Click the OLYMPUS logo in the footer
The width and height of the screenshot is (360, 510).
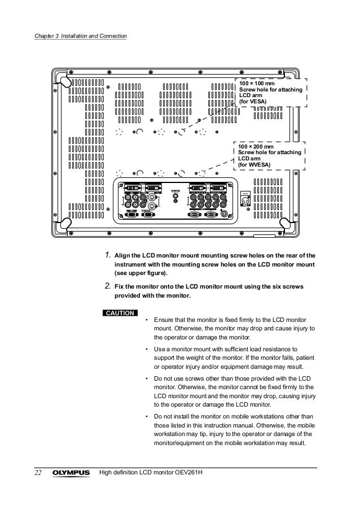pyautogui.click(x=72, y=472)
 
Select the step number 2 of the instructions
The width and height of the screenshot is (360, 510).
pyautogui.click(x=108, y=286)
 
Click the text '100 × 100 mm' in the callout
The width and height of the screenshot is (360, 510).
pyautogui.click(x=256, y=84)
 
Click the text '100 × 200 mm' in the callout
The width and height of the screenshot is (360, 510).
pyautogui.click(x=256, y=146)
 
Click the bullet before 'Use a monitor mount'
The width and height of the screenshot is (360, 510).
pyautogui.click(x=147, y=349)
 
